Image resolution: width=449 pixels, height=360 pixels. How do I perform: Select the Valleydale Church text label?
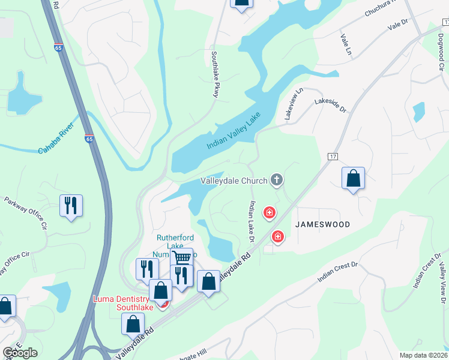[x=234, y=180]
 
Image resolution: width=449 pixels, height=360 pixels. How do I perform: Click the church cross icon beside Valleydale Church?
[x=276, y=179]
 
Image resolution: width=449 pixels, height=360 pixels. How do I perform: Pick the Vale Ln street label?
[x=345, y=45]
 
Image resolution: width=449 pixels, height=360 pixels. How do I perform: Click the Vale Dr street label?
[x=397, y=24]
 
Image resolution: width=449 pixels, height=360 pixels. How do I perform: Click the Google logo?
[x=20, y=353]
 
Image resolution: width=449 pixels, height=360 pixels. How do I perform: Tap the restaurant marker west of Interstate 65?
[x=71, y=206]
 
